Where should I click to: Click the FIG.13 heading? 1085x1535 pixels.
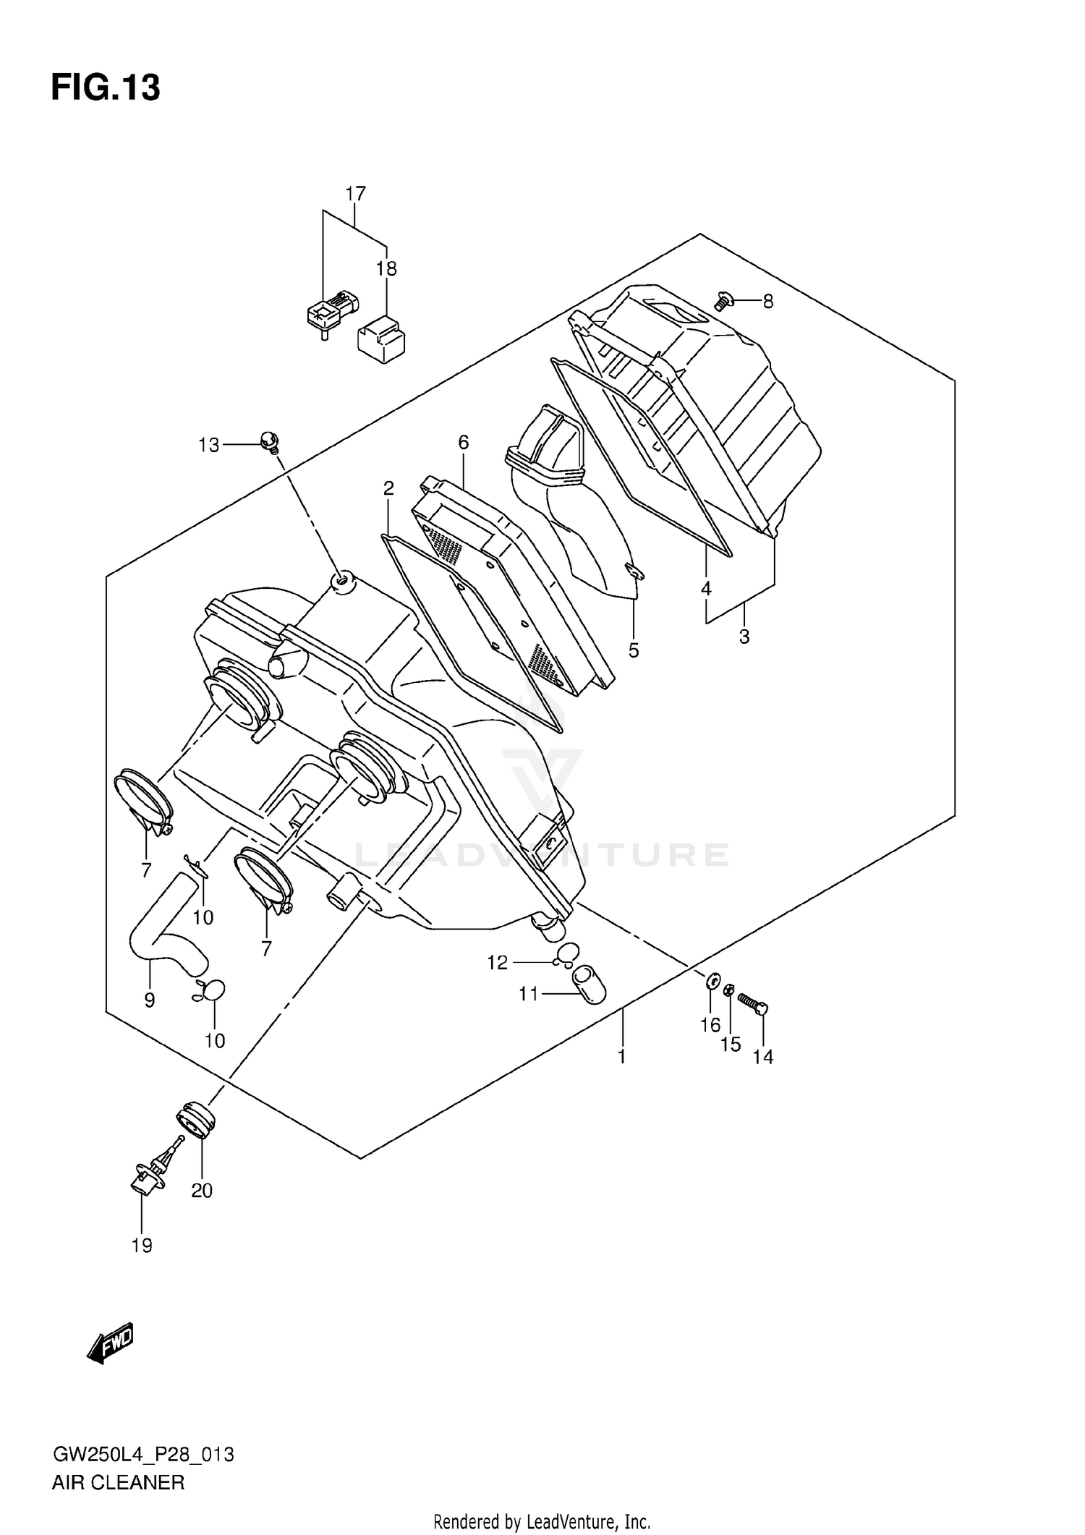click(106, 88)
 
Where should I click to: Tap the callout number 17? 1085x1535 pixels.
click(355, 194)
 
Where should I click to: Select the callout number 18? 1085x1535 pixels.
click(386, 269)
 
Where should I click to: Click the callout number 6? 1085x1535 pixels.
click(464, 442)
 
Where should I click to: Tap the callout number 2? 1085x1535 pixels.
click(388, 488)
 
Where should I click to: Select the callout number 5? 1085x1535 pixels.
click(634, 650)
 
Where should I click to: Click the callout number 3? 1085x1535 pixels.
click(744, 637)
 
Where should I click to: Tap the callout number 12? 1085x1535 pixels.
click(498, 962)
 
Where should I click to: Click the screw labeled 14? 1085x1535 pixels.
click(752, 1003)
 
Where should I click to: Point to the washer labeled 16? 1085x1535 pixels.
click(712, 982)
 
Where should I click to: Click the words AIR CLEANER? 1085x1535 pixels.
click(118, 1483)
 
